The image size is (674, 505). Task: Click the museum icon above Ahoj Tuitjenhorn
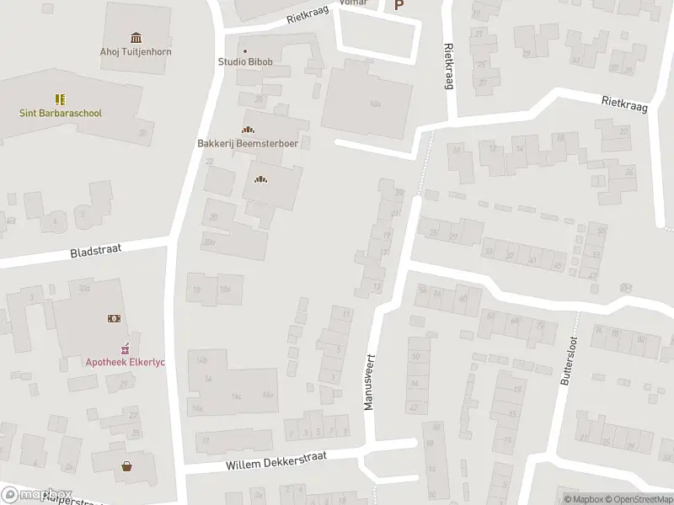point(136,37)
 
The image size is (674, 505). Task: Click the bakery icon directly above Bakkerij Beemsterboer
point(248,130)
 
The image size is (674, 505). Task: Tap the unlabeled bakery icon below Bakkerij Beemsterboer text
point(261,178)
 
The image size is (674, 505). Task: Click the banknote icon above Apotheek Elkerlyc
point(113,318)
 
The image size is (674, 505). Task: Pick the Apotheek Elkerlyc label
point(126,362)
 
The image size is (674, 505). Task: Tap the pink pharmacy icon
point(126,348)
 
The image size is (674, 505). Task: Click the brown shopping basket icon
point(127,465)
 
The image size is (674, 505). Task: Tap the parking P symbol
point(399,5)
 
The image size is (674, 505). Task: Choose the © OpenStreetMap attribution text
point(638,499)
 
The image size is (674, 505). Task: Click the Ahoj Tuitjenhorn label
point(136,52)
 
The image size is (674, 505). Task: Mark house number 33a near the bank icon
point(84,288)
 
